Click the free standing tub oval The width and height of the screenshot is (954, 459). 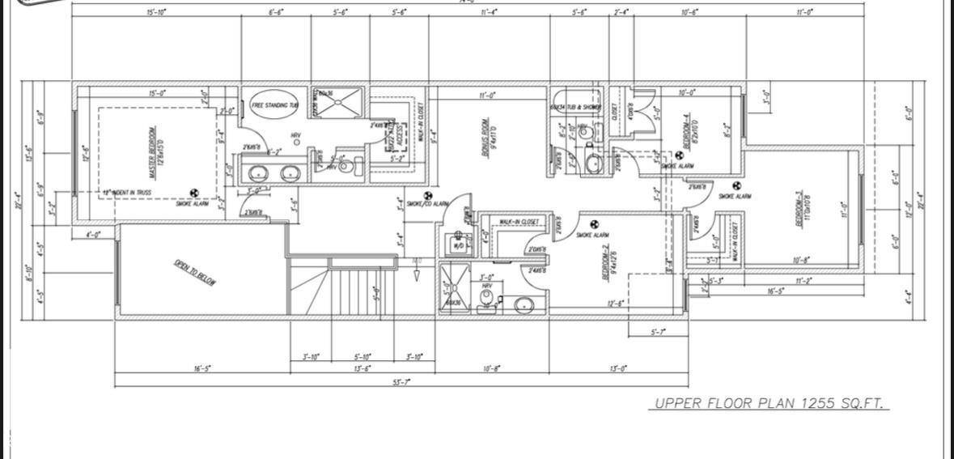click(x=274, y=105)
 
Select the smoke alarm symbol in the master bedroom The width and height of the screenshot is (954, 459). click(x=193, y=193)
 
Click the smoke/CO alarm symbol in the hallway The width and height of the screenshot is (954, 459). click(x=429, y=195)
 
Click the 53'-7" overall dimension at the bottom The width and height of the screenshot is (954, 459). click(x=401, y=382)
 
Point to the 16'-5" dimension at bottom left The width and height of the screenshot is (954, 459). click(x=202, y=368)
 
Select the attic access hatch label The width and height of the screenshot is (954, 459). click(x=391, y=134)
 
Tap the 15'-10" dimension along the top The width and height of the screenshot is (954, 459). click(x=157, y=12)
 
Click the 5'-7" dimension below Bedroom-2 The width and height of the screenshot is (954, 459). click(x=659, y=332)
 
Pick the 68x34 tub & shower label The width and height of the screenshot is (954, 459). click(x=575, y=107)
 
